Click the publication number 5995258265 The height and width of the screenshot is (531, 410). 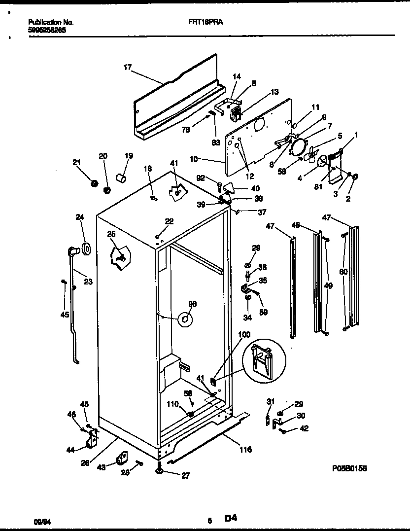point(47,30)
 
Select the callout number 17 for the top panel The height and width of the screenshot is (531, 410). point(127,68)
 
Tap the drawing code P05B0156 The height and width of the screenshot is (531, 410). point(349,468)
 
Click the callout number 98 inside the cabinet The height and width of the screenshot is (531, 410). point(192,303)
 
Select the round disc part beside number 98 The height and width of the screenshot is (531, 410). point(185,320)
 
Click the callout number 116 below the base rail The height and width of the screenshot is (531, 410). point(245,449)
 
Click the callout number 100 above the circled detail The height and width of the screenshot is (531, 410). point(244,335)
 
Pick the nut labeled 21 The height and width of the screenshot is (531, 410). point(93,183)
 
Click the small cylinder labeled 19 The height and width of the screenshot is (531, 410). point(121,176)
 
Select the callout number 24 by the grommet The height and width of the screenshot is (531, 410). point(80,216)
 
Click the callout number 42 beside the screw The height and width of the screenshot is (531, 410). point(304,428)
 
